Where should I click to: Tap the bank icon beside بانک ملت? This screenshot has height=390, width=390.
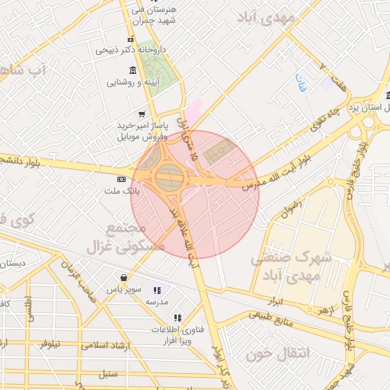[120, 178]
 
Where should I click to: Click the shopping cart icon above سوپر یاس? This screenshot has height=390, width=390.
[123, 278]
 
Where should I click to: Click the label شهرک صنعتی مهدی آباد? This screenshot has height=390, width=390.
[292, 266]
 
